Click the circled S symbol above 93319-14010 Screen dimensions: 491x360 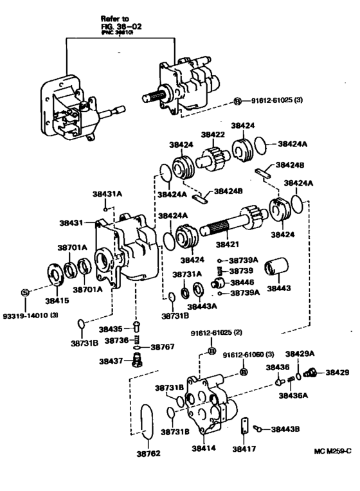[x=24, y=292]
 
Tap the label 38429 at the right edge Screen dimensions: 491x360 [x=337, y=372]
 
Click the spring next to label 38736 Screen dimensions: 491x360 [x=136, y=340]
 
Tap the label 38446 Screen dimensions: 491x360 [x=242, y=282]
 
